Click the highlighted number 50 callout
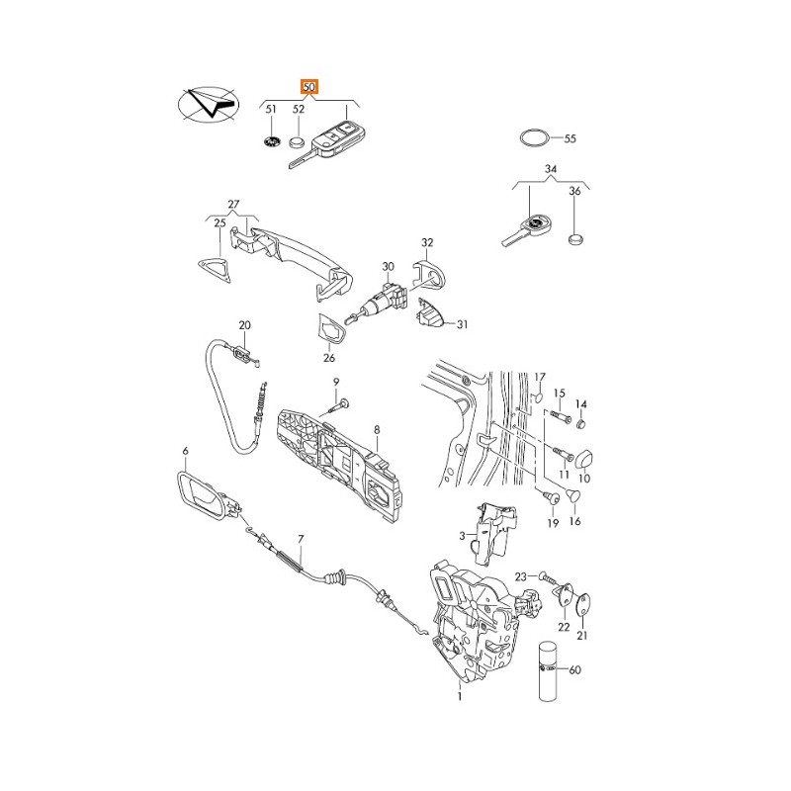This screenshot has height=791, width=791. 309,88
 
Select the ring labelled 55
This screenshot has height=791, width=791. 533,137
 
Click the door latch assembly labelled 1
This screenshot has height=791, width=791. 480,618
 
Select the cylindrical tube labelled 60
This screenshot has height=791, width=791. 549,672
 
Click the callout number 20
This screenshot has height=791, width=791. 244,324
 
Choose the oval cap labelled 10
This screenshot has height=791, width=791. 582,457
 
